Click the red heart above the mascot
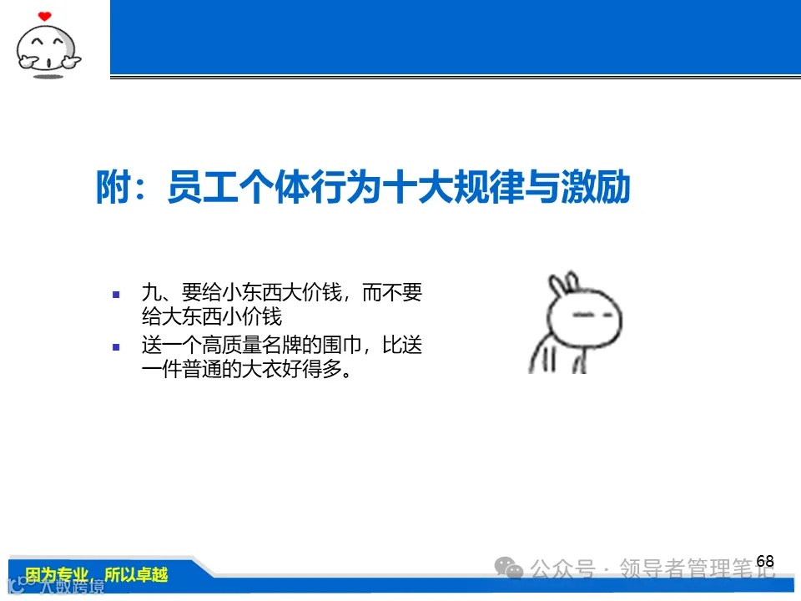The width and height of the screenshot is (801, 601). click(x=45, y=16)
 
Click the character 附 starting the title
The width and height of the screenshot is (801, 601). click(x=112, y=188)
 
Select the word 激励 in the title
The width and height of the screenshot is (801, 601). click(x=602, y=188)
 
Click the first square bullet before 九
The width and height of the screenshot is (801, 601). click(x=117, y=294)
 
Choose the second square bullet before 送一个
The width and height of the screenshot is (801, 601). click(x=117, y=345)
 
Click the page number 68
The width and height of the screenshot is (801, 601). click(x=765, y=561)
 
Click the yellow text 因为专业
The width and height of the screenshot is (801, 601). click(x=57, y=574)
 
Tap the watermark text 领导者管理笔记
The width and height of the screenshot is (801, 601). click(x=697, y=570)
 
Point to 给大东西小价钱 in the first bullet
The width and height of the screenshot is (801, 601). click(x=212, y=317)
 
